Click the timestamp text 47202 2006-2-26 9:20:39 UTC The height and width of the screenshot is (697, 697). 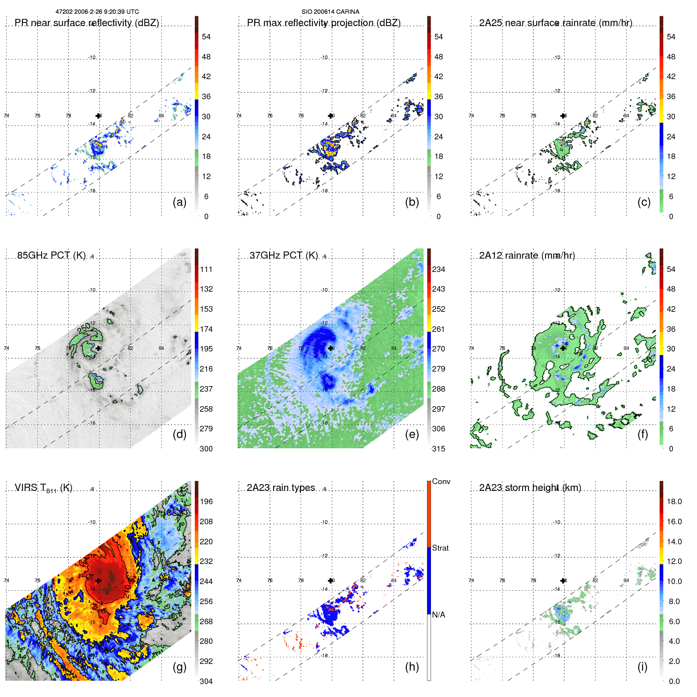tap(97, 12)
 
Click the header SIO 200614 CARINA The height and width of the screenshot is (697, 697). tap(330, 12)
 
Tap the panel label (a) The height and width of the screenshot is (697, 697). tap(179, 202)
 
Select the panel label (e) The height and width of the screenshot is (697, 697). tap(412, 434)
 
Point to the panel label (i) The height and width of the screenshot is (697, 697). tap(642, 667)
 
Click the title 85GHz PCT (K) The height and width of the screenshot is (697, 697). tap(51, 255)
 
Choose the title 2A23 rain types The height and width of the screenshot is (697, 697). tap(281, 488)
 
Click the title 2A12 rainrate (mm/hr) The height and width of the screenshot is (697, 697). tap(527, 255)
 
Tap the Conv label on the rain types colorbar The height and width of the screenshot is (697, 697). tap(441, 481)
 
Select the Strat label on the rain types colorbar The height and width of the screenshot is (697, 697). tap(440, 548)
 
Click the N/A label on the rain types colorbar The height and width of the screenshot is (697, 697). tap(438, 615)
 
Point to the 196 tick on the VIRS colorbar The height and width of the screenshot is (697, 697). tap(206, 501)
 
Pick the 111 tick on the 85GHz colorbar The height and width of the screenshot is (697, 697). tap(206, 269)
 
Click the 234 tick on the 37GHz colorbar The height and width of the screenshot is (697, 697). tap(438, 269)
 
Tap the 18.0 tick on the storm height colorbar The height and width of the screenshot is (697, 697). tap(674, 501)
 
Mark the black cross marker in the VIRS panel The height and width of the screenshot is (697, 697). tap(98, 581)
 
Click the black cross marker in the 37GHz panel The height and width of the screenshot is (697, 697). tap(331, 348)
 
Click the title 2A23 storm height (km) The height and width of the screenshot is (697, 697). tap(530, 488)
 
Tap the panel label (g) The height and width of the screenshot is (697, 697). tap(179, 667)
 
